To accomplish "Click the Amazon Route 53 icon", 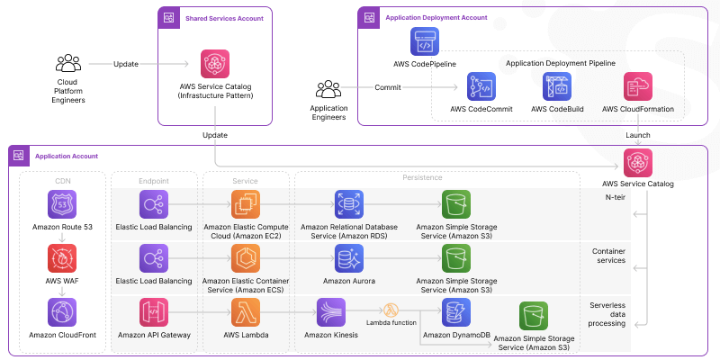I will point(61,203).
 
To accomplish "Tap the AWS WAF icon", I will point(61,258).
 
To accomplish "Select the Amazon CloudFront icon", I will point(61,312).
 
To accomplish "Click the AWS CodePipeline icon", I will point(425,41).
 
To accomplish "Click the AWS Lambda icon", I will point(247,312).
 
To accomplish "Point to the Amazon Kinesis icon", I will point(332,312).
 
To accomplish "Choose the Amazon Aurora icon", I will point(348,258).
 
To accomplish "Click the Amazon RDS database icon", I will point(348,203).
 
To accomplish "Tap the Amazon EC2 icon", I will point(247,203).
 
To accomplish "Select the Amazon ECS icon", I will point(247,258).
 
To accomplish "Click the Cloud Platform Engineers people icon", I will point(68,63).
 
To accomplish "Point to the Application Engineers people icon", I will point(328,89).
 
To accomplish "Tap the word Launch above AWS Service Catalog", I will point(637,135).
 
